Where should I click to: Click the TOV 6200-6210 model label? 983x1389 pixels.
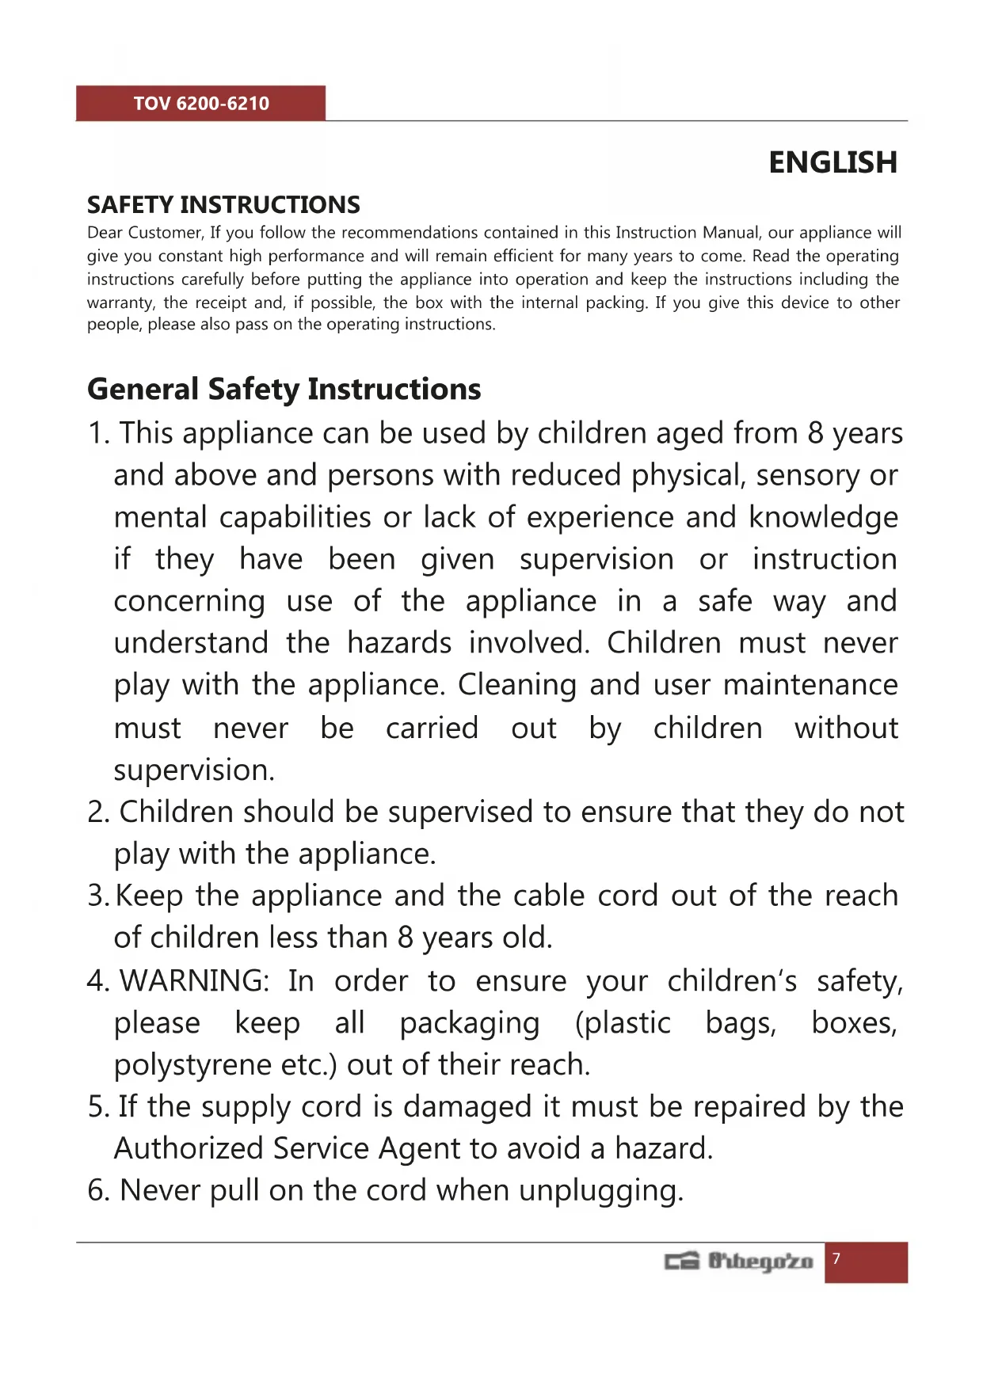pos(201,104)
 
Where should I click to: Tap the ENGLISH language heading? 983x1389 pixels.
pos(833,162)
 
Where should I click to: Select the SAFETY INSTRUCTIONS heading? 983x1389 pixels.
pos(223,205)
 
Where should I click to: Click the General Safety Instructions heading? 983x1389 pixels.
pos(284,389)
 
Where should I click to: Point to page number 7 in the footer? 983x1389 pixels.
pos(836,1259)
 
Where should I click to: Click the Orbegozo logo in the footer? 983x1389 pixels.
pos(739,1261)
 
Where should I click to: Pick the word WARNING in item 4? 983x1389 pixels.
pos(194,981)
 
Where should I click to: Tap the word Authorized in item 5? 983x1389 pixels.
pos(189,1148)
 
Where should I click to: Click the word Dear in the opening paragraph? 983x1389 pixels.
pos(105,233)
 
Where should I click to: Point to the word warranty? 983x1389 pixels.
pos(120,303)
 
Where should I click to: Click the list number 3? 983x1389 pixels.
pos(97,896)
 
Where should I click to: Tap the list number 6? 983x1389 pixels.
pos(97,1190)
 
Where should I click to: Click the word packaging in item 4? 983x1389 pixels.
pos(470,1023)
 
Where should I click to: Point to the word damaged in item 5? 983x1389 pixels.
pos(467,1106)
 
